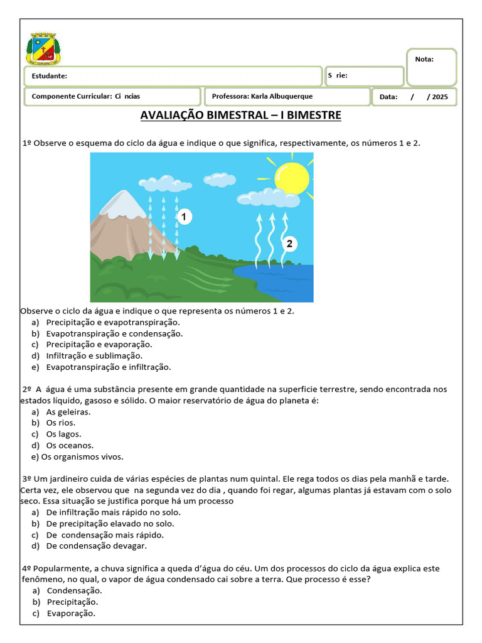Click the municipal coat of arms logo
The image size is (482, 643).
tap(43, 49)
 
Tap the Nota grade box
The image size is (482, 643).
tap(432, 67)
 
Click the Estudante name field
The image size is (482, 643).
tap(173, 76)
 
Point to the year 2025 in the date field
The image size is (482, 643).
tap(441, 97)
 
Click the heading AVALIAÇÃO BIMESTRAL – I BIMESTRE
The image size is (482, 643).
tap(240, 116)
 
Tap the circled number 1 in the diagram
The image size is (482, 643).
tap(184, 217)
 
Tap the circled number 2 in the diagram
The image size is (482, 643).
tap(289, 244)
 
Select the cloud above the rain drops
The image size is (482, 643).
tap(160, 183)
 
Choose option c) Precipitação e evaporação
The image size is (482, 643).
tap(99, 344)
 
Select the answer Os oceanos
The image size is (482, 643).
tap(70, 445)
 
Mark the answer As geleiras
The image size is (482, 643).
tap(68, 412)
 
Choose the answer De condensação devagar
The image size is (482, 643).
tap(97, 546)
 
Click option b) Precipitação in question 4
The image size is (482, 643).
tap(72, 602)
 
